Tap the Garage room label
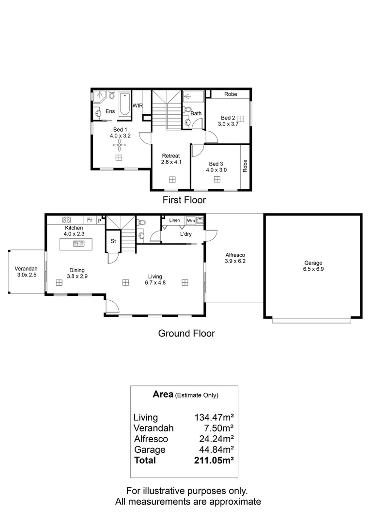click(313, 263)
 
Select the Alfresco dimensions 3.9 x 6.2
click(235, 261)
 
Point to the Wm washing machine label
click(190, 220)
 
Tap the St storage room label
click(113, 241)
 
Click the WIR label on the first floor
click(138, 105)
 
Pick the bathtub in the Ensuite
click(124, 105)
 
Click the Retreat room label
click(171, 155)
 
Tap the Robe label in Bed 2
click(231, 94)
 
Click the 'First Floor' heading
click(185, 200)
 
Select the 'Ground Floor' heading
click(186, 333)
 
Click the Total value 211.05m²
click(214, 460)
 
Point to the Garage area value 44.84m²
click(214, 449)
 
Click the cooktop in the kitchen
click(67, 219)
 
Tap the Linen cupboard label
click(174, 220)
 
